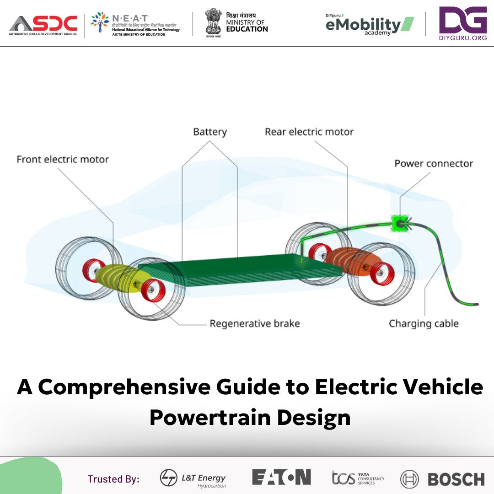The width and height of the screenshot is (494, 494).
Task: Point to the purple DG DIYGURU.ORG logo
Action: [462, 24]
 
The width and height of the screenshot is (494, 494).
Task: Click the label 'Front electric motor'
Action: [63, 160]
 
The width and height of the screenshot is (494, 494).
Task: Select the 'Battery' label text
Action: [210, 132]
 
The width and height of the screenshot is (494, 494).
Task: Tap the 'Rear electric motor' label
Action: [309, 132]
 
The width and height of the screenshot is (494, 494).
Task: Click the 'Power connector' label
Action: [434, 164]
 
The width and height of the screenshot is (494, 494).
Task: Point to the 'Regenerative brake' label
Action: [255, 324]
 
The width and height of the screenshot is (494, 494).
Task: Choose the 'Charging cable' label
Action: [424, 324]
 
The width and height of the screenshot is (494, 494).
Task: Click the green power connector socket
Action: [399, 224]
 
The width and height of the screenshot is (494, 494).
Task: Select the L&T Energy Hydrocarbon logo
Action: [193, 479]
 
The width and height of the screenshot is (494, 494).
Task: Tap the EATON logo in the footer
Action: [281, 477]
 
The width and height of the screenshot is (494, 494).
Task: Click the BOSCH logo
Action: [442, 479]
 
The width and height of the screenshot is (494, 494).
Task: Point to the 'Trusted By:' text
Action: [113, 479]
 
